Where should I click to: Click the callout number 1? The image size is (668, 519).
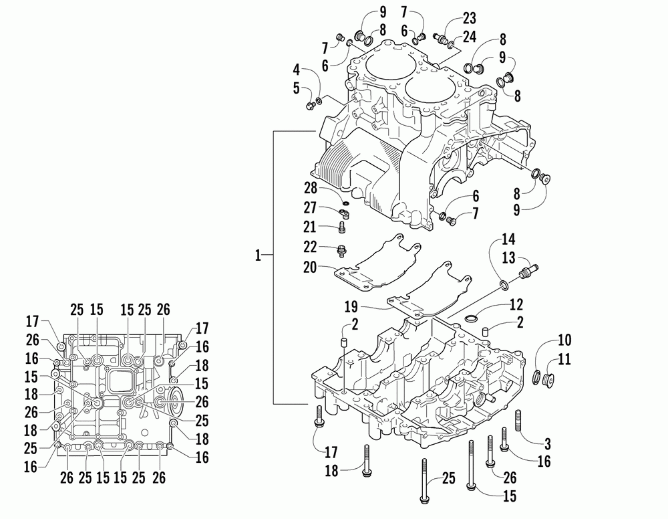(x=260, y=255)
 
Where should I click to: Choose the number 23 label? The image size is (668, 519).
(x=470, y=19)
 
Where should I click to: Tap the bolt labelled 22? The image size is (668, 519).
(x=343, y=251)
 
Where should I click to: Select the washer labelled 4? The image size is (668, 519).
(x=319, y=101)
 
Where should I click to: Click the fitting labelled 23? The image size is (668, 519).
(x=444, y=37)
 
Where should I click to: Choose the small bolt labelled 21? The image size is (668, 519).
(x=342, y=228)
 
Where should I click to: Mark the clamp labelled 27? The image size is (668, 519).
(x=345, y=213)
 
